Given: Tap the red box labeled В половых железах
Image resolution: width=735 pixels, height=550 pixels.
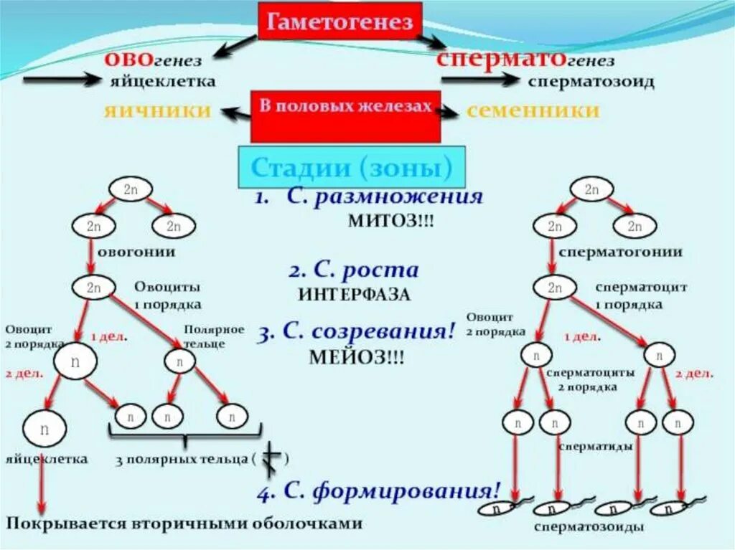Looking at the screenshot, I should click(x=345, y=115).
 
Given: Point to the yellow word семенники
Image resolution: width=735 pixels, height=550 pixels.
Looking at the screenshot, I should click(x=533, y=110).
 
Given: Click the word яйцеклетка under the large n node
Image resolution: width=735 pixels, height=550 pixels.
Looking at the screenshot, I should click(x=47, y=458).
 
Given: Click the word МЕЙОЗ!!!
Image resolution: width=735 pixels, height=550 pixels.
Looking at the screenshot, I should click(x=357, y=357).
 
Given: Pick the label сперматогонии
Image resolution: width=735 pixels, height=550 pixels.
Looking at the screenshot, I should click(x=620, y=252).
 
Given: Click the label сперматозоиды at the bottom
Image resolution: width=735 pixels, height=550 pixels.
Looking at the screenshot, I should click(x=588, y=527).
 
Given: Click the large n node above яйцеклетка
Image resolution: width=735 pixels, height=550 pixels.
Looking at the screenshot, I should click(x=45, y=430).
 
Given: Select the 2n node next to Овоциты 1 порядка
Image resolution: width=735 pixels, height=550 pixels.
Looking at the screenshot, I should click(x=93, y=288).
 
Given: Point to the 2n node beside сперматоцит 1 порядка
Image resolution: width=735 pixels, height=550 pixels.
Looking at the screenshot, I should click(x=554, y=288).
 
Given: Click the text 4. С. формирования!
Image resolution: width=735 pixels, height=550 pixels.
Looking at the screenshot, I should click(x=378, y=491).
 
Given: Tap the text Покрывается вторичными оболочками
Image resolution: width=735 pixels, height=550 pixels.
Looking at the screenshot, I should click(x=184, y=523).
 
